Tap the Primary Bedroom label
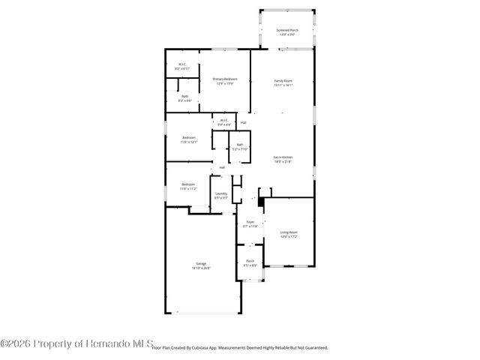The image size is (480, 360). pos(224,79)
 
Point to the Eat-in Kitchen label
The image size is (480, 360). pos(282,157)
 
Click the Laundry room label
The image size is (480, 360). pos(221,193)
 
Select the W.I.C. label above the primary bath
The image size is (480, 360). pos(182,64)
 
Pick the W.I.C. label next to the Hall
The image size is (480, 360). pos(223,120)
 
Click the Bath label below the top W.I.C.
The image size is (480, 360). pos(184,96)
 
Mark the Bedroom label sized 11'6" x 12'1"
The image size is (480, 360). pos(189,138)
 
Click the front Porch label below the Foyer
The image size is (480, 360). pos(250,261)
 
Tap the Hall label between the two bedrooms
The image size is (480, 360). pos(222,167)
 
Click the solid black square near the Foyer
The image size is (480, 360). pos(261,201)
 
